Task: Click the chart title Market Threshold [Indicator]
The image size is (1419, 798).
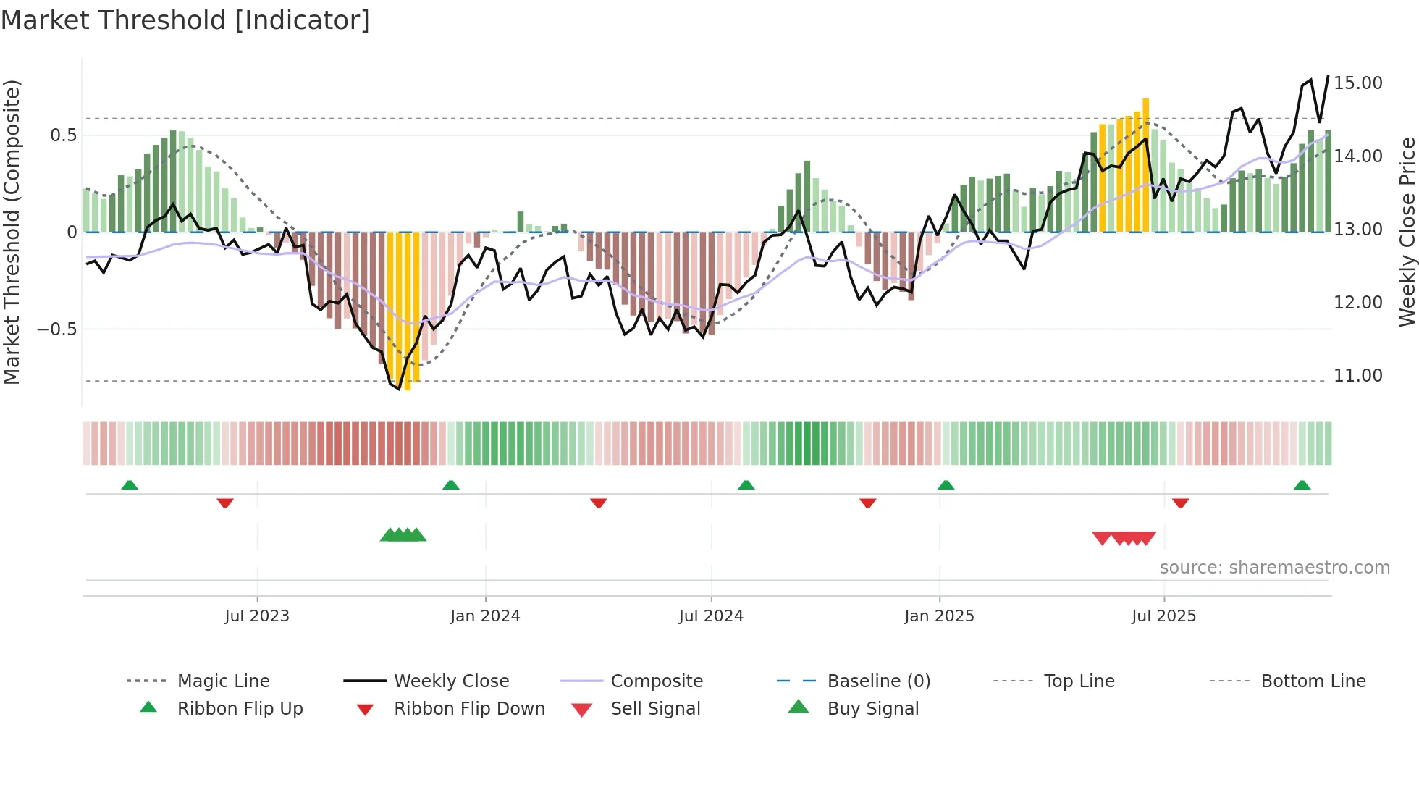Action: pyautogui.click(x=185, y=20)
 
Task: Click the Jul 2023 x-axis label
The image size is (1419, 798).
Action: pyautogui.click(x=256, y=616)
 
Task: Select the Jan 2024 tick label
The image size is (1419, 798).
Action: pyautogui.click(x=484, y=616)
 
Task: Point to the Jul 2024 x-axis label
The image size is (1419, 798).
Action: pyautogui.click(x=710, y=616)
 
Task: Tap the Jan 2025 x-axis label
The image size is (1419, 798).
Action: pyautogui.click(x=939, y=616)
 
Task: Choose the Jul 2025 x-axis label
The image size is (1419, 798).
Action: pyautogui.click(x=1163, y=616)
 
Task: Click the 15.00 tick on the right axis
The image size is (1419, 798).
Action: pyautogui.click(x=1357, y=83)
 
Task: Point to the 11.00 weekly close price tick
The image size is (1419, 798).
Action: pyautogui.click(x=1357, y=375)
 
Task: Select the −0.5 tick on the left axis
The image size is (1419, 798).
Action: pyautogui.click(x=56, y=329)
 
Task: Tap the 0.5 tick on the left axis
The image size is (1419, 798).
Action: pyautogui.click(x=63, y=135)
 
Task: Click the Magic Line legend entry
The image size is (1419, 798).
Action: pyautogui.click(x=223, y=681)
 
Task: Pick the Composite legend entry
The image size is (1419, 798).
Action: pyautogui.click(x=656, y=681)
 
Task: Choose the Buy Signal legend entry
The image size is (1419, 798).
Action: pyautogui.click(x=872, y=708)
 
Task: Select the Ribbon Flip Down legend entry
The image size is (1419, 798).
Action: pyautogui.click(x=468, y=708)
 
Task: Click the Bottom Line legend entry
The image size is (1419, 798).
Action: pyautogui.click(x=1313, y=681)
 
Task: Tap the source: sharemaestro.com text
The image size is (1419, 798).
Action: pyautogui.click(x=1274, y=567)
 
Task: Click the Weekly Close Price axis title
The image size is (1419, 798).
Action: pyautogui.click(x=1407, y=232)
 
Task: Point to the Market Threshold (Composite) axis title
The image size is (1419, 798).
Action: pyautogui.click(x=12, y=232)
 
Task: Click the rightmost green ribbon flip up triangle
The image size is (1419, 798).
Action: pyautogui.click(x=1302, y=485)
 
